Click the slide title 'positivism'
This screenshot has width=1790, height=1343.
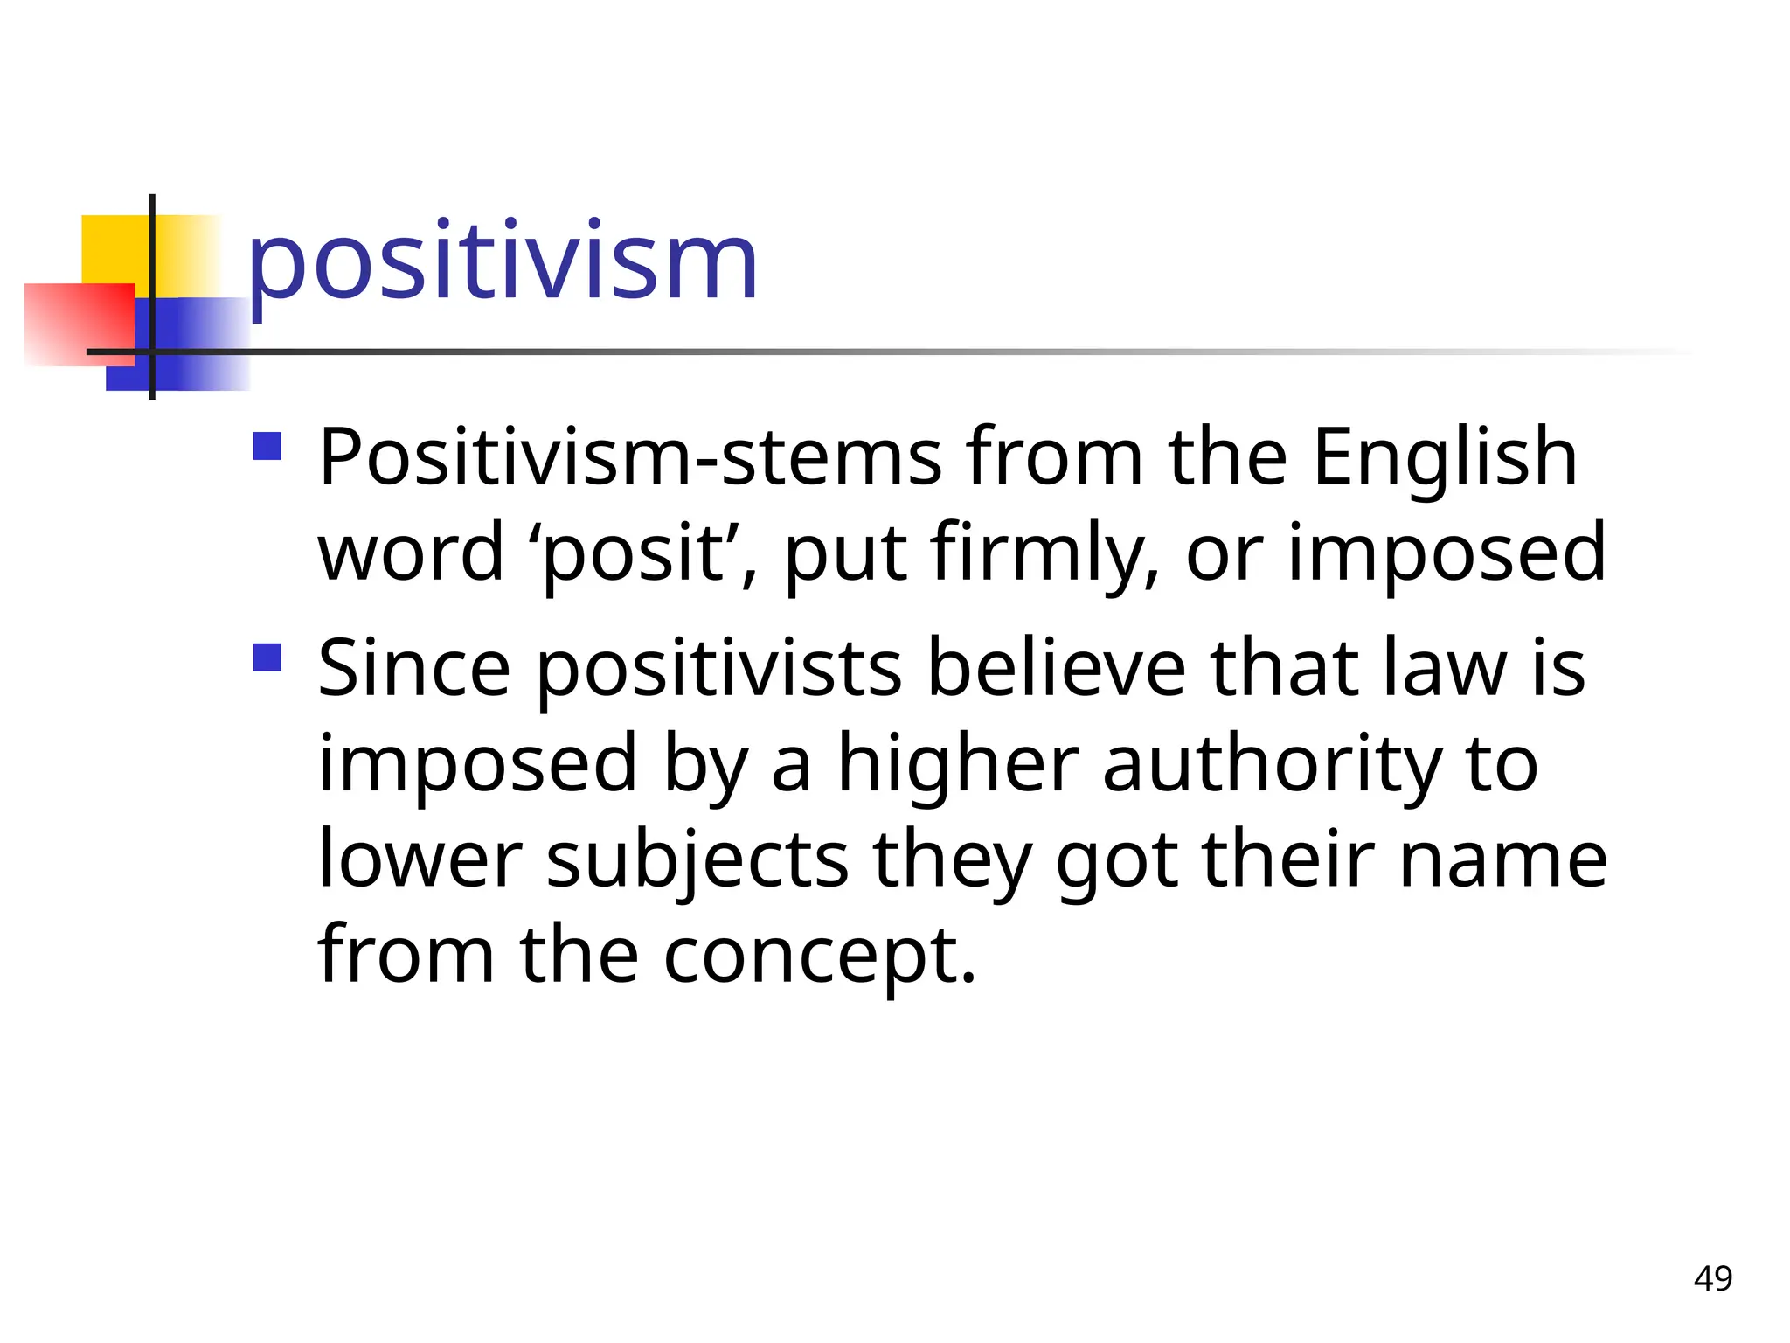(x=502, y=261)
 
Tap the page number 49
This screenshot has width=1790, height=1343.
(x=1712, y=1278)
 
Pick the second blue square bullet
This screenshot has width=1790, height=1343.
(x=267, y=658)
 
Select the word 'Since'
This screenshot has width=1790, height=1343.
(x=413, y=669)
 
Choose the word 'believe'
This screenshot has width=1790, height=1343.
(x=1056, y=669)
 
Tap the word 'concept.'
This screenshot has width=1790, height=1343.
(x=819, y=956)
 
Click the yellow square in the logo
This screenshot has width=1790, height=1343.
(x=114, y=248)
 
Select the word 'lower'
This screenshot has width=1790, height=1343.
(x=420, y=859)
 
